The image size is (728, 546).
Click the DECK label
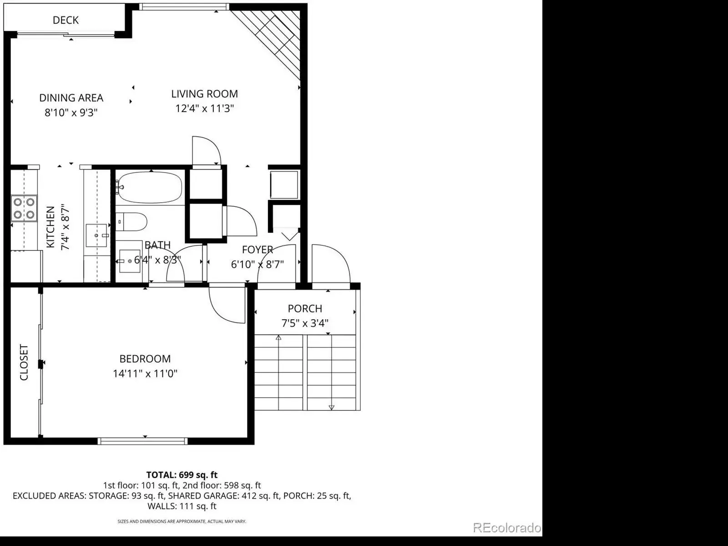[66, 20]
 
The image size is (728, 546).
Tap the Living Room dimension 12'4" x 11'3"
[205, 108]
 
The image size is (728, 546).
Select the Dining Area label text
[71, 98]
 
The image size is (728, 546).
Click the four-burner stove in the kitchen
[24, 208]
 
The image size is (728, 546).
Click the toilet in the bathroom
[131, 222]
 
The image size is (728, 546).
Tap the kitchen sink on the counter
[96, 235]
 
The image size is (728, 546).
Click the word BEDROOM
[145, 359]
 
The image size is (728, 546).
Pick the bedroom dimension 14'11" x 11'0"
[145, 374]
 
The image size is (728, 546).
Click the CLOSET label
[24, 362]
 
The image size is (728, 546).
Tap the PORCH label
[305, 309]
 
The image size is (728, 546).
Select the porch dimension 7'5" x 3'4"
[305, 323]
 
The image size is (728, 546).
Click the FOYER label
[258, 250]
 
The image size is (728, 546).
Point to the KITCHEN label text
[51, 227]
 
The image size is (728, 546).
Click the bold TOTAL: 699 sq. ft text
[182, 475]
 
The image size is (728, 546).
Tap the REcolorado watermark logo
[507, 528]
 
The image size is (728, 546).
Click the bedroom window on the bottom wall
[142, 441]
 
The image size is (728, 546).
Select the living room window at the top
[184, 7]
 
